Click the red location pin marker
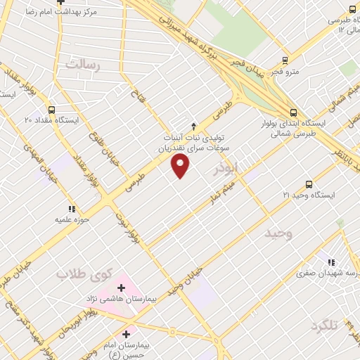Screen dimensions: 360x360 click(181, 166)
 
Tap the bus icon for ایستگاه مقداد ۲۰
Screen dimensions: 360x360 click(51, 110)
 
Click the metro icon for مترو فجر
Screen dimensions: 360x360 click(285, 60)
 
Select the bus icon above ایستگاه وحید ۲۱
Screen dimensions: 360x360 click(309, 184)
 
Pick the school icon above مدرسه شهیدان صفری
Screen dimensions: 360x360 click(332, 263)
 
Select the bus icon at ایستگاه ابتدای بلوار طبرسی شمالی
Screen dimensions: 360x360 click(293, 112)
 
